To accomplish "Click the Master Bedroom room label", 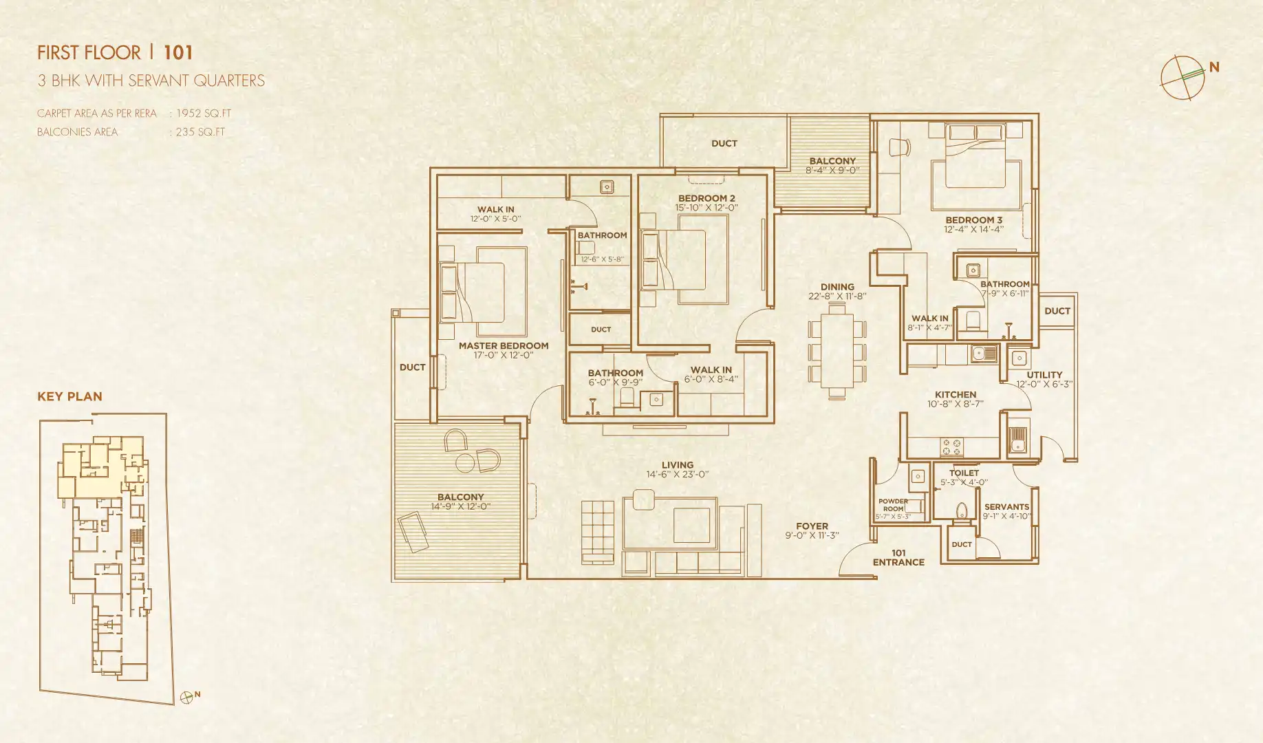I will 504,346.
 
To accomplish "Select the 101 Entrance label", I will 898,558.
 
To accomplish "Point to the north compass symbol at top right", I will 1183,77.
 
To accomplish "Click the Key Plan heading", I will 69,396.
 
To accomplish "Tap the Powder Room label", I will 893,506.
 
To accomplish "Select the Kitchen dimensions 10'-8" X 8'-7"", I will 955,405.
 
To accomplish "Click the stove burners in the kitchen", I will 951,447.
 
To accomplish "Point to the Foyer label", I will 812,526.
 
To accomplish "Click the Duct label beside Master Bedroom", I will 412,367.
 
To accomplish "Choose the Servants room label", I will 1006,507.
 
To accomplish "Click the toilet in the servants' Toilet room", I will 962,510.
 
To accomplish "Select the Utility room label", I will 1044,375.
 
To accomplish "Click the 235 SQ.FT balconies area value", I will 200,132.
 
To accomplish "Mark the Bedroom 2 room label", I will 706,198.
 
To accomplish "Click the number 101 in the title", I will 178,53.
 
